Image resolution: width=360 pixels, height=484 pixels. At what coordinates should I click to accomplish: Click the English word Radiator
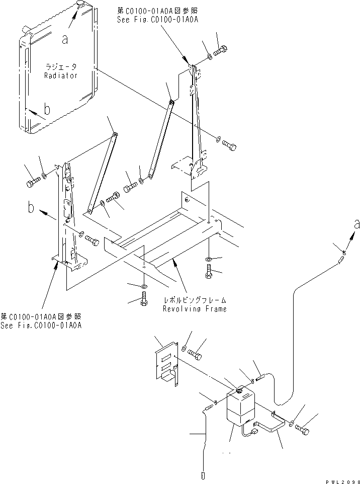[60, 75]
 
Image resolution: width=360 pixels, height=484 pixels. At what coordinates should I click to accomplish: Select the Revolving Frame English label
[194, 308]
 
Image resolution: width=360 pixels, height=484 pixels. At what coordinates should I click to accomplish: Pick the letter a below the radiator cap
[65, 39]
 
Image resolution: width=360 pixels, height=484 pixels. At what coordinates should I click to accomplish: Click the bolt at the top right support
[221, 51]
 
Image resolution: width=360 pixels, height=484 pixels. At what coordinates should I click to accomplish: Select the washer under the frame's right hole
[209, 260]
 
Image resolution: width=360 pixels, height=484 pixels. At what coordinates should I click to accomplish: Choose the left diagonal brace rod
[102, 173]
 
